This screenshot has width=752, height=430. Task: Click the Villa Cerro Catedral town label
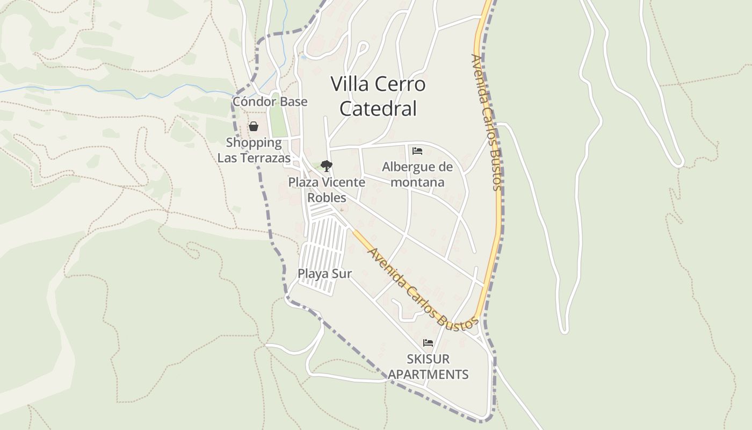pos(378,96)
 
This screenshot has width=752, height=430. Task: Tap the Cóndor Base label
pos(270,102)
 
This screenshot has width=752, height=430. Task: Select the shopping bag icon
pos(253,127)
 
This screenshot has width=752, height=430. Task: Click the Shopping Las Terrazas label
pos(254,150)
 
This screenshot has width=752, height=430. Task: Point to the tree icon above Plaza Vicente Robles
pos(326,166)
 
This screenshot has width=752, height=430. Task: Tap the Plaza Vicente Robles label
pos(327,190)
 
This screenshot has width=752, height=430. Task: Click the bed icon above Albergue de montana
pos(417,151)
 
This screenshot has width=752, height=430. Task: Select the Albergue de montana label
pos(417,175)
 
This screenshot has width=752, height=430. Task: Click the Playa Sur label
pos(324,274)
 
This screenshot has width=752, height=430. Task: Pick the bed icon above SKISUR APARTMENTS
pos(428,343)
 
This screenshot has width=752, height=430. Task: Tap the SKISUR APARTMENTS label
pos(428,367)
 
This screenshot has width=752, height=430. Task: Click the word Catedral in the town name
pos(378,109)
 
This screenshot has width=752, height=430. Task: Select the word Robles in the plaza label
pos(327,197)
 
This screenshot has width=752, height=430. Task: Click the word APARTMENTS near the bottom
pos(428,374)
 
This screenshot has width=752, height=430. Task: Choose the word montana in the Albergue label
pos(417,182)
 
